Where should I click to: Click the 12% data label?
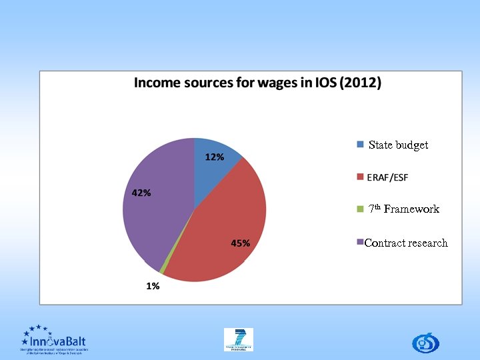[214, 157]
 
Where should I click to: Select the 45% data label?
[241, 243]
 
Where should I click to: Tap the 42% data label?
[141, 193]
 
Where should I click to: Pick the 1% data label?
[153, 286]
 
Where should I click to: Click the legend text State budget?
[398, 145]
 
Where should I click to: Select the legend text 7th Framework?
[404, 209]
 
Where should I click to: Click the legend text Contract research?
[406, 243]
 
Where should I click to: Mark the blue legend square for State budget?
[361, 145]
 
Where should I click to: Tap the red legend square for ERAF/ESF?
[361, 177]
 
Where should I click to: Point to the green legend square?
[361, 209]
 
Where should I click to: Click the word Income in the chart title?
[155, 83]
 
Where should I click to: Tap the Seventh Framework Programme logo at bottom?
[239, 339]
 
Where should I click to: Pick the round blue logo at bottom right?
[423, 343]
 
